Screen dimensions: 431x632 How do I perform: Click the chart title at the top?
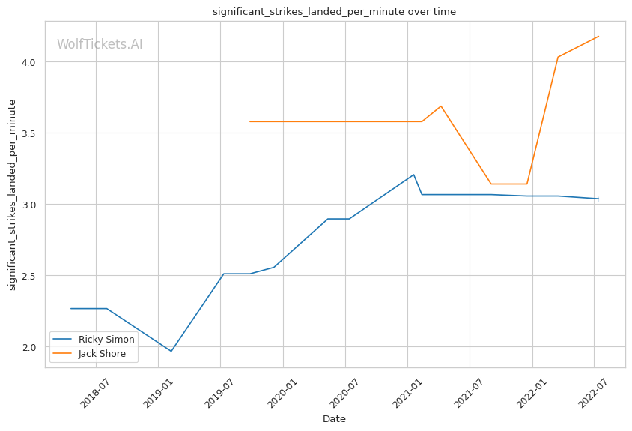[334, 12]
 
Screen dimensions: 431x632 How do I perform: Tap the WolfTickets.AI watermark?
[100, 44]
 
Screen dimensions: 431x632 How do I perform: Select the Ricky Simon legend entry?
[106, 339]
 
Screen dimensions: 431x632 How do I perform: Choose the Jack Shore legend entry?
[106, 353]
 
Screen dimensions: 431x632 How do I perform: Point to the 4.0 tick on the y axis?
[31, 62]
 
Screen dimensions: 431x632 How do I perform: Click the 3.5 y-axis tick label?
[31, 133]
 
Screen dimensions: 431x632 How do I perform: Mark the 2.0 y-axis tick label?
[31, 347]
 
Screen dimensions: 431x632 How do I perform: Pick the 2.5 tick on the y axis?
[31, 276]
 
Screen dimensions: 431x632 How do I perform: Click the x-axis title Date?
[334, 419]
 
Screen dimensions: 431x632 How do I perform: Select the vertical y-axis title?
[12, 194]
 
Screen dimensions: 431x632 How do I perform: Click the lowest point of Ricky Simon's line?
[171, 351]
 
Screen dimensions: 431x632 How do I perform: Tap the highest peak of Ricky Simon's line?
[413, 175]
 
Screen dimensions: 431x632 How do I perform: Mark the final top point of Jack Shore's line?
[598, 37]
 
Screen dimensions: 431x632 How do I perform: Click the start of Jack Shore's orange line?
[250, 121]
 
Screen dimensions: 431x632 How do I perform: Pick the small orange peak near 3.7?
[441, 106]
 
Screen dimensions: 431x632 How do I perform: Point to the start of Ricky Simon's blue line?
[71, 308]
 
